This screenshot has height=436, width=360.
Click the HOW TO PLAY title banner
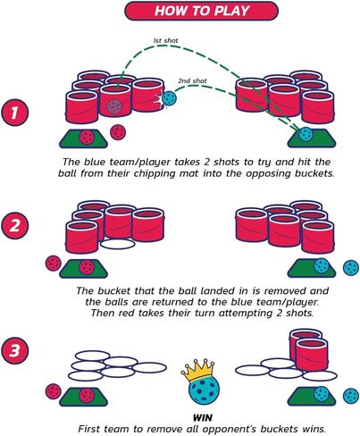coord(201,11)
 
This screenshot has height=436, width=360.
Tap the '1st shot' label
coord(165,40)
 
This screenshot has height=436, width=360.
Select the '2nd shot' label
coord(192,80)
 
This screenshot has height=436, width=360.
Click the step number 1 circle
coord(15,113)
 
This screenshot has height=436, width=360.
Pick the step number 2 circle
coord(15,225)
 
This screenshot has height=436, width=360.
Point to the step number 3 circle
coord(15,350)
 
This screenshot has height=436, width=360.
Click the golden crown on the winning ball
coord(197,370)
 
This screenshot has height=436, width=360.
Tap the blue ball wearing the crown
coord(204,390)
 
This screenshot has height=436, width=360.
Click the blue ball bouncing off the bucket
coord(168,98)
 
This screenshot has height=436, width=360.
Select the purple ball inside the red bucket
coord(114,105)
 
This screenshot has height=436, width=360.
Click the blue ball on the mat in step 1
coord(306,134)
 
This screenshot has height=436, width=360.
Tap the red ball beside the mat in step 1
coord(118,132)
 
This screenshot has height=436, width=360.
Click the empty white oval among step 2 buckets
coord(118,244)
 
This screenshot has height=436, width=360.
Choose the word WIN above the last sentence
coord(203,417)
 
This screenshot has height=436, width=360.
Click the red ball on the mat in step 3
coord(87,396)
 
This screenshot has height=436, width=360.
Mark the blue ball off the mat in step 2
coord(351,268)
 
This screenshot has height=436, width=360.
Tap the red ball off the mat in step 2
coord(54,264)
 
